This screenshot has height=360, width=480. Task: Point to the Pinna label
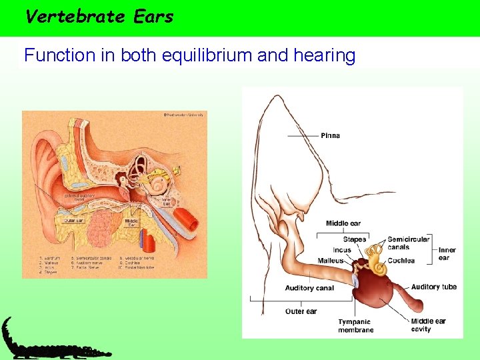tap(330, 135)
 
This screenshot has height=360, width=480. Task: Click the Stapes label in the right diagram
tap(354, 239)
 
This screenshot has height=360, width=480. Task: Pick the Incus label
tap(341, 250)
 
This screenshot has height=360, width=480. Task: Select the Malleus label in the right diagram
tap(331, 261)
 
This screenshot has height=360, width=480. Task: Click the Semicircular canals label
tap(408, 243)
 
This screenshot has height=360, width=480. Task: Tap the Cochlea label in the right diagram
tap(401, 261)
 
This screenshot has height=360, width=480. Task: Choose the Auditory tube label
tap(433, 287)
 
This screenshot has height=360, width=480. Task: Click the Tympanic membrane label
tap(355, 326)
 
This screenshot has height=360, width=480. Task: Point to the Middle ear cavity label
tap(427, 325)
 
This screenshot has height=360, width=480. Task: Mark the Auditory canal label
tap(309, 288)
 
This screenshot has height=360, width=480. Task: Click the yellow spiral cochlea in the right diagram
tap(378, 268)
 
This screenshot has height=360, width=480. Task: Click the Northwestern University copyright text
tap(183, 115)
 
